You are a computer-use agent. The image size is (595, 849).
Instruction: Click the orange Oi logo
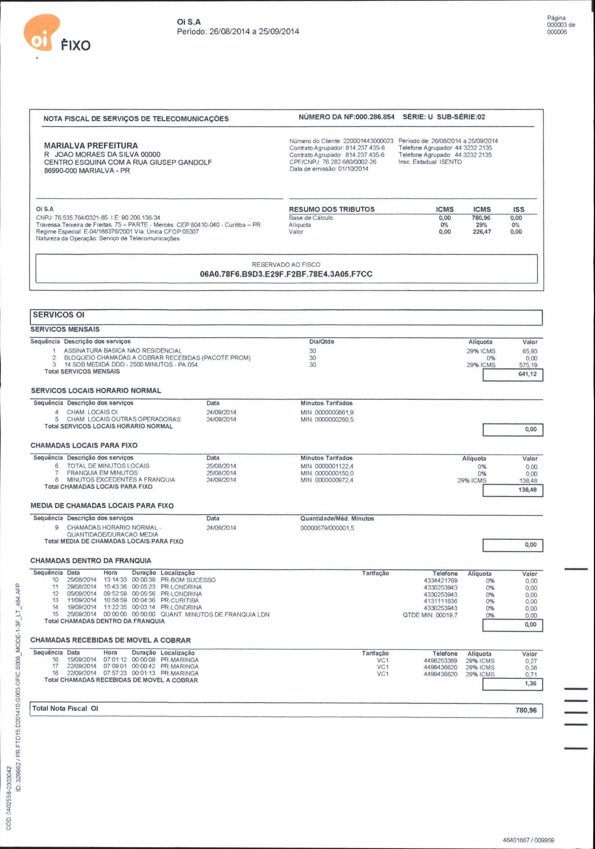(41, 33)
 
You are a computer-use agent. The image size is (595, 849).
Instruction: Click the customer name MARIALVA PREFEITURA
(91, 146)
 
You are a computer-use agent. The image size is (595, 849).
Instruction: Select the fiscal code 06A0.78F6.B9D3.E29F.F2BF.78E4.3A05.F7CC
(286, 274)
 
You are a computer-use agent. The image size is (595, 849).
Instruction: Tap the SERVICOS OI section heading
(59, 315)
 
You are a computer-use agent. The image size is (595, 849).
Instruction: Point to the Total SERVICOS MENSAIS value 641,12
(527, 374)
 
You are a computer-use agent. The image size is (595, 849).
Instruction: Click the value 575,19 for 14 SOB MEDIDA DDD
(528, 365)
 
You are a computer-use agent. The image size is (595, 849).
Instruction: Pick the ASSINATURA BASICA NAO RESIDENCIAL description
(123, 351)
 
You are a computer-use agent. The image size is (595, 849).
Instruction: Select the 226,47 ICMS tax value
(481, 232)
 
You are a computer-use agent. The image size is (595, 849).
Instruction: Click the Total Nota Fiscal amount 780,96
(526, 710)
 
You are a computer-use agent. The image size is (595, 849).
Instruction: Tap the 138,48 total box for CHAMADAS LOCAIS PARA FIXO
(527, 490)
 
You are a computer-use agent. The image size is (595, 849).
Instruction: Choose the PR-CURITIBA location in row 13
(180, 601)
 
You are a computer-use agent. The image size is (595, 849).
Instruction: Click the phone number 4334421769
(441, 580)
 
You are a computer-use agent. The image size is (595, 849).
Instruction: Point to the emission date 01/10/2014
(353, 169)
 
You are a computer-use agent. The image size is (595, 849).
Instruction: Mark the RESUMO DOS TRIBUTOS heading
(332, 209)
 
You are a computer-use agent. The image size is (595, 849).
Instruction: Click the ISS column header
(518, 209)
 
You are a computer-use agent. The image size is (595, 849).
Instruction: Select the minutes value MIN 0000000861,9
(327, 412)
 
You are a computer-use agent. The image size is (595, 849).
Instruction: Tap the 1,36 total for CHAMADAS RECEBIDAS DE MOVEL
(530, 683)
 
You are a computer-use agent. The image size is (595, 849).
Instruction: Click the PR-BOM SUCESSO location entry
(188, 580)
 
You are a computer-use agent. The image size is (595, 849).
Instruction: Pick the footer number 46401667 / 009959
(528, 840)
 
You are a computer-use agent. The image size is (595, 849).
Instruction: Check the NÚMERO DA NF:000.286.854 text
(346, 117)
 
